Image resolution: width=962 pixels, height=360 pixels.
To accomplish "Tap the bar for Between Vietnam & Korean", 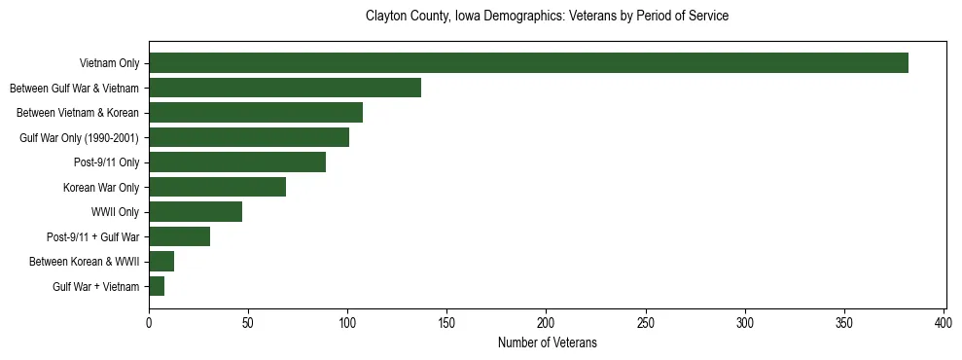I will pos(256,113).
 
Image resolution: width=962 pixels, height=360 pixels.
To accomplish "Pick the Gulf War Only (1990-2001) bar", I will pos(249,137).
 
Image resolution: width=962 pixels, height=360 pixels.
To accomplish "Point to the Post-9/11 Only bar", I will pos(237,162).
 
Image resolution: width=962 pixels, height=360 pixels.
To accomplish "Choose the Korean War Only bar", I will pos(217,187).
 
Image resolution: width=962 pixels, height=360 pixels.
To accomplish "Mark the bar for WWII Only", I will pos(196,212).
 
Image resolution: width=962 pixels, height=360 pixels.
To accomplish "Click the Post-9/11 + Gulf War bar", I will pos(180,236).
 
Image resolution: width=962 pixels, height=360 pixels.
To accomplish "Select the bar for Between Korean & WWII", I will pos(161,262).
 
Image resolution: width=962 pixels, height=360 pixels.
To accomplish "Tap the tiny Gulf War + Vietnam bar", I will pos(157,286).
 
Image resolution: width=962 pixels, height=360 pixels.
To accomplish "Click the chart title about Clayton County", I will pos(547,17).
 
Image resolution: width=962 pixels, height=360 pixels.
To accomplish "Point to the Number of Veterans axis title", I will pos(547,342).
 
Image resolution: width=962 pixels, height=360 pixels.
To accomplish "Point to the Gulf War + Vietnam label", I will pos(95,287).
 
